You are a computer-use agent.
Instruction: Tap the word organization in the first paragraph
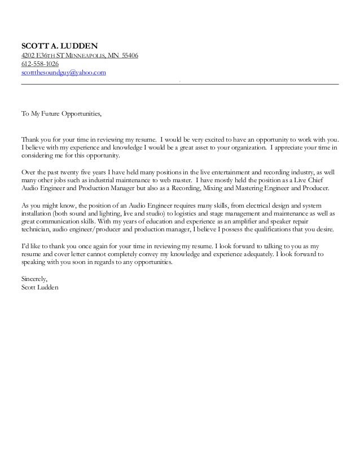pyautogui.click(x=246, y=147)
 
